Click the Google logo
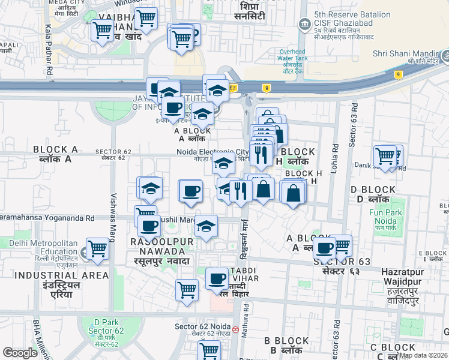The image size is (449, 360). coord(20,353)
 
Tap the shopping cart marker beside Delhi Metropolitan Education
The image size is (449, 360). coord(97,248)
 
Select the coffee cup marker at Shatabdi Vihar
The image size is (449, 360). coord(217,278)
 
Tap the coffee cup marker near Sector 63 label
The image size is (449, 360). coord(325,247)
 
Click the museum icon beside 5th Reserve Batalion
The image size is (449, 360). coord(305,24)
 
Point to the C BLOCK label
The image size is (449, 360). coord(393,351)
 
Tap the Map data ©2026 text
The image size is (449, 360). coord(423,355)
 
